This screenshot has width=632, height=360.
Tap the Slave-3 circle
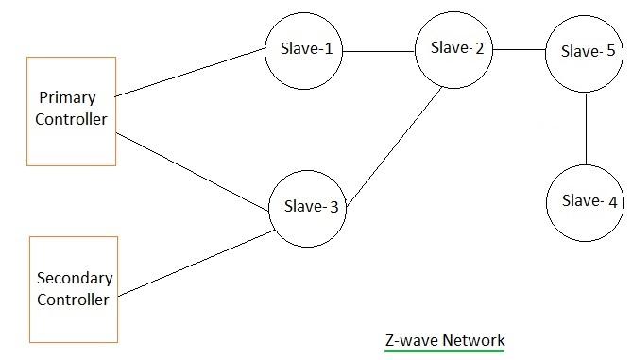coord(305,209)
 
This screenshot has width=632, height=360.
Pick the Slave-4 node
coord(586,201)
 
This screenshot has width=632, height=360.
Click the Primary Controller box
coord(72,111)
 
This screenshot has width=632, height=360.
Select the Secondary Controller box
coord(74,289)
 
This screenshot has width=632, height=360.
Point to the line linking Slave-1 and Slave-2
coord(380,50)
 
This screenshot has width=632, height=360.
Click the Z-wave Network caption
coord(445,340)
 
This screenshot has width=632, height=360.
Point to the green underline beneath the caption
coord(445,351)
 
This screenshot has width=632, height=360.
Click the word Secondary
coord(75,278)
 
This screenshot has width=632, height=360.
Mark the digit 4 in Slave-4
coord(612,201)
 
